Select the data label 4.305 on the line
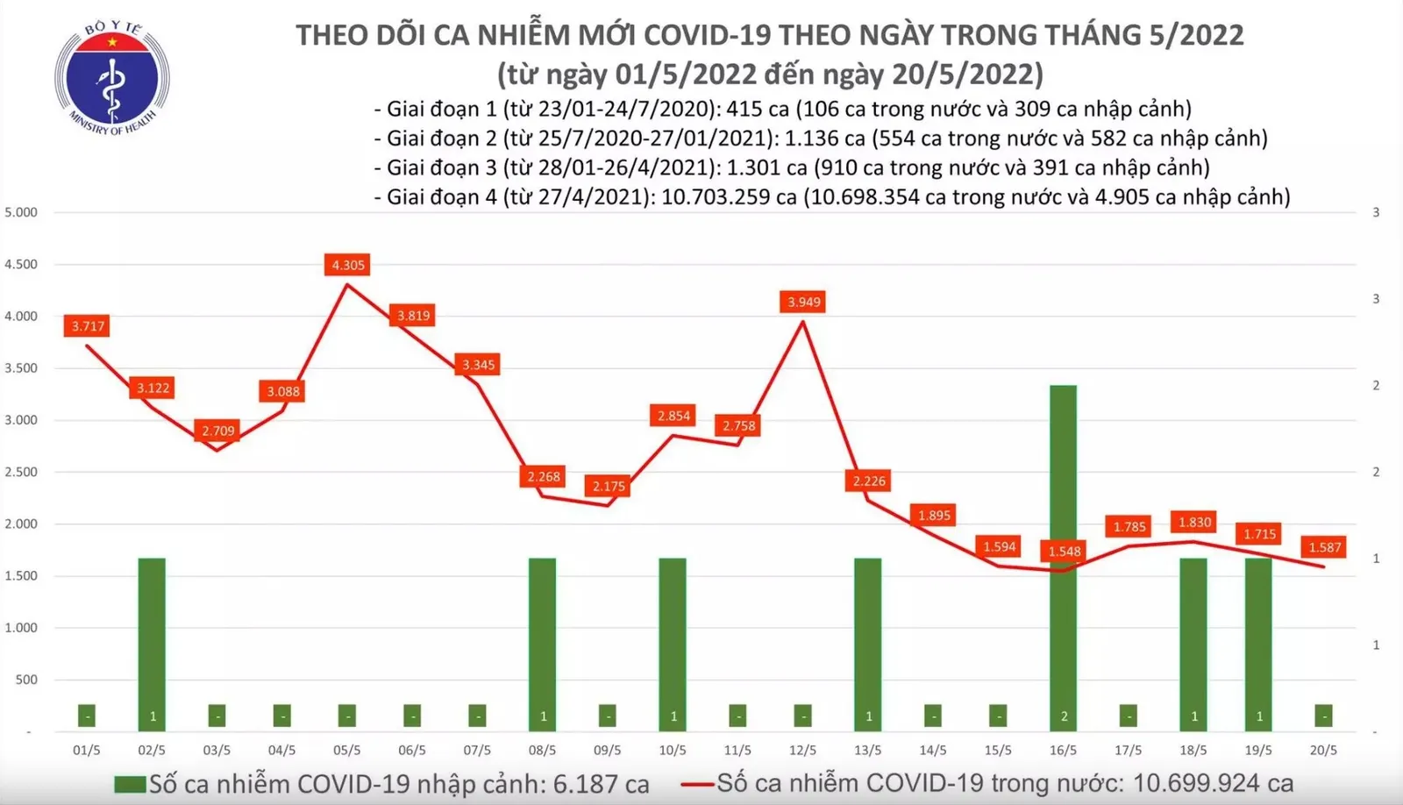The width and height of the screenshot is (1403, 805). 348,265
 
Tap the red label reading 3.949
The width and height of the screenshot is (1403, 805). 804,303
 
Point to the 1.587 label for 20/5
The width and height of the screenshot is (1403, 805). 1324,547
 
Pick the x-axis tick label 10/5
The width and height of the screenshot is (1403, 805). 673,751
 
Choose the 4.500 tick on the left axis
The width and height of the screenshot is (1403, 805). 21,264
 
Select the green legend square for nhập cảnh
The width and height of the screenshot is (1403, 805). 130,784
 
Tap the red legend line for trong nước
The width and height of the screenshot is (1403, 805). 698,784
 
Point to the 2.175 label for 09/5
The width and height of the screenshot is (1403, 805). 609,486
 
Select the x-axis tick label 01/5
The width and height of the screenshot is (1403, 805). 86,751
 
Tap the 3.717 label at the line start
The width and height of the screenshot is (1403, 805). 88,326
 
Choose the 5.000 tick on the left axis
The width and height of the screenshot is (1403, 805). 21,212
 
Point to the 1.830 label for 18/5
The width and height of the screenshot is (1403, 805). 1194,522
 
